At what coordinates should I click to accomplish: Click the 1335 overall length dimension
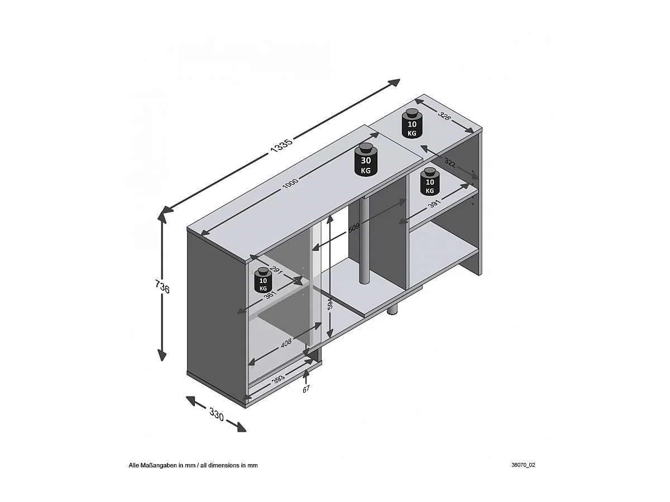pyautogui.click(x=282, y=146)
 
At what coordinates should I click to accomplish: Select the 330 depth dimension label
pyautogui.click(x=217, y=415)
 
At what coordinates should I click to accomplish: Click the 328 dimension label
pyautogui.click(x=445, y=116)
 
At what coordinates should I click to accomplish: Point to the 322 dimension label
pyautogui.click(x=449, y=166)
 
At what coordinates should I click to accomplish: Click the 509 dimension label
pyautogui.click(x=354, y=228)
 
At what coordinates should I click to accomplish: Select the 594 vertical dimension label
pyautogui.click(x=329, y=303)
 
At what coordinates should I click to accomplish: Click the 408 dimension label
pyautogui.click(x=286, y=344)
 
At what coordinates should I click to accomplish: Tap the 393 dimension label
pyautogui.click(x=277, y=378)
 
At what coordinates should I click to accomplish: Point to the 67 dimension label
pyautogui.click(x=306, y=389)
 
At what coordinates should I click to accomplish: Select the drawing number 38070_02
pyautogui.click(x=523, y=465)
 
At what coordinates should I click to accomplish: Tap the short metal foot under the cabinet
pyautogui.click(x=393, y=311)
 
